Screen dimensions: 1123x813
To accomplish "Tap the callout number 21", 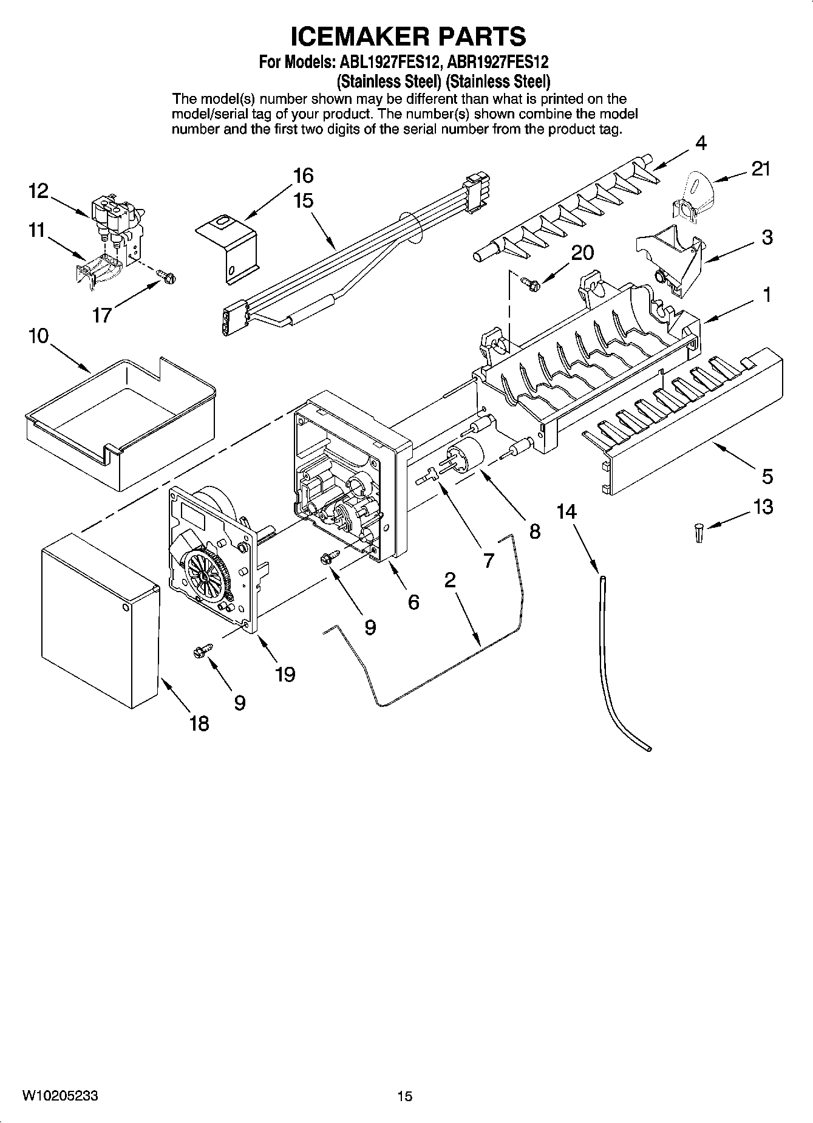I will point(760,169).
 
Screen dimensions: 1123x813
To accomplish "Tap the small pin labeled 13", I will point(699,533).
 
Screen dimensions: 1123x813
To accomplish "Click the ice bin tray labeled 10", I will point(121,419).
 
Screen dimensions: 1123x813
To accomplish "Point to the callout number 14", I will point(566,511).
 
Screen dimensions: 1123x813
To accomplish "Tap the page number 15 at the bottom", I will point(404,1096).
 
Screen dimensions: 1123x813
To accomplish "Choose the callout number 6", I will point(413,602).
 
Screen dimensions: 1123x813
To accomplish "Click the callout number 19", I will point(285,674).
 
